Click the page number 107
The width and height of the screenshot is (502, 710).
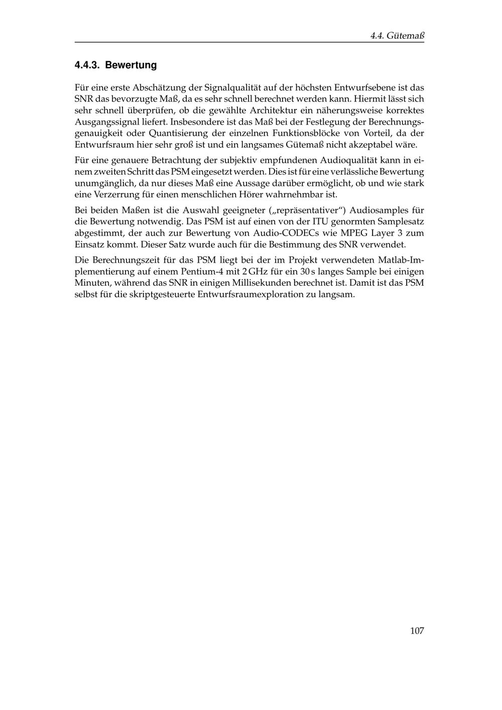coord(417,631)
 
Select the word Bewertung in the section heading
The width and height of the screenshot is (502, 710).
coord(131,65)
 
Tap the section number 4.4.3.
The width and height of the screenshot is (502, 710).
coord(87,65)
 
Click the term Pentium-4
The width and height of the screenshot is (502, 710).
coord(202,272)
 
